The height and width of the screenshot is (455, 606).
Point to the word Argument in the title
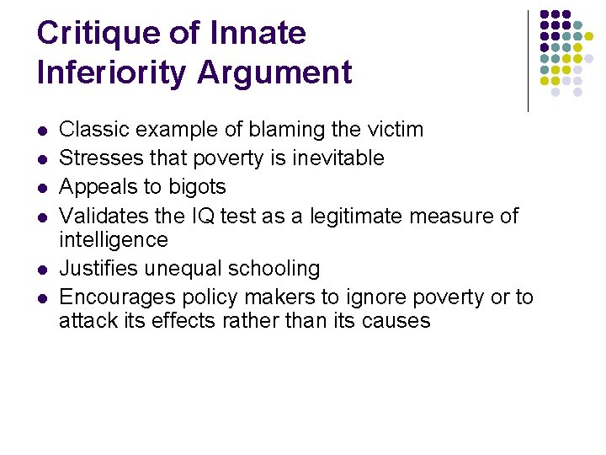click(274, 73)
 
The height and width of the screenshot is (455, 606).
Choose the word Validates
click(98, 216)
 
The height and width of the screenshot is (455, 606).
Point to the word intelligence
click(113, 240)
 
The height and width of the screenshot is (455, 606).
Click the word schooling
click(276, 270)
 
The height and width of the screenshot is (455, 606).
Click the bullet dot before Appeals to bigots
click(41, 188)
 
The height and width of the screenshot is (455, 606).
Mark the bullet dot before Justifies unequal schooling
click(41, 270)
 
